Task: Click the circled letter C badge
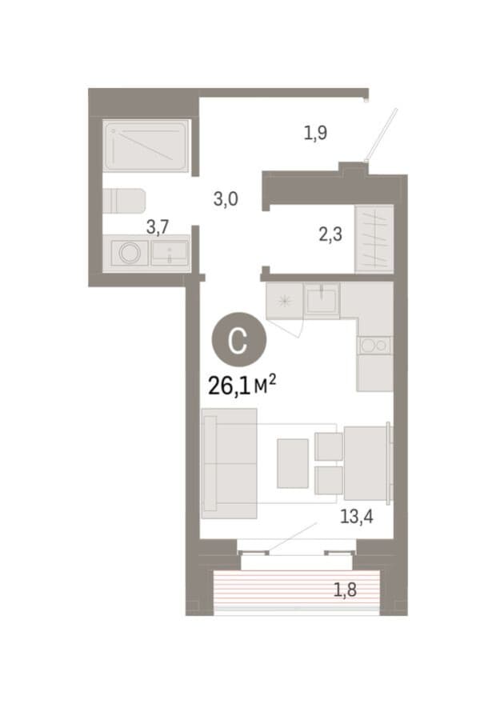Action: pos(238,340)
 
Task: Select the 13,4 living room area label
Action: pos(357,517)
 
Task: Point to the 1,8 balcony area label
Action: pos(345,590)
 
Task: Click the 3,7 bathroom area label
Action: pos(158,227)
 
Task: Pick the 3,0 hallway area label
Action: pos(226,199)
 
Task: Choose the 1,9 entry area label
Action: pos(315,133)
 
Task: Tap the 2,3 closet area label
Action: pos(330,234)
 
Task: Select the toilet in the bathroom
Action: pos(124,201)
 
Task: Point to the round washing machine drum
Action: pos(130,254)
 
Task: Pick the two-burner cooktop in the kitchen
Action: pos(375,346)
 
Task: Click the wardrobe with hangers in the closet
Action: pos(374,239)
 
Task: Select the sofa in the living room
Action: pos(230,463)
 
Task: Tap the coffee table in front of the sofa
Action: pos(293,463)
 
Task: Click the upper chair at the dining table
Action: pos(329,446)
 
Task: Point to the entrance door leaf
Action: pos(382,134)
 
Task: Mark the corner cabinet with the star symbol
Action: pos(285,301)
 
